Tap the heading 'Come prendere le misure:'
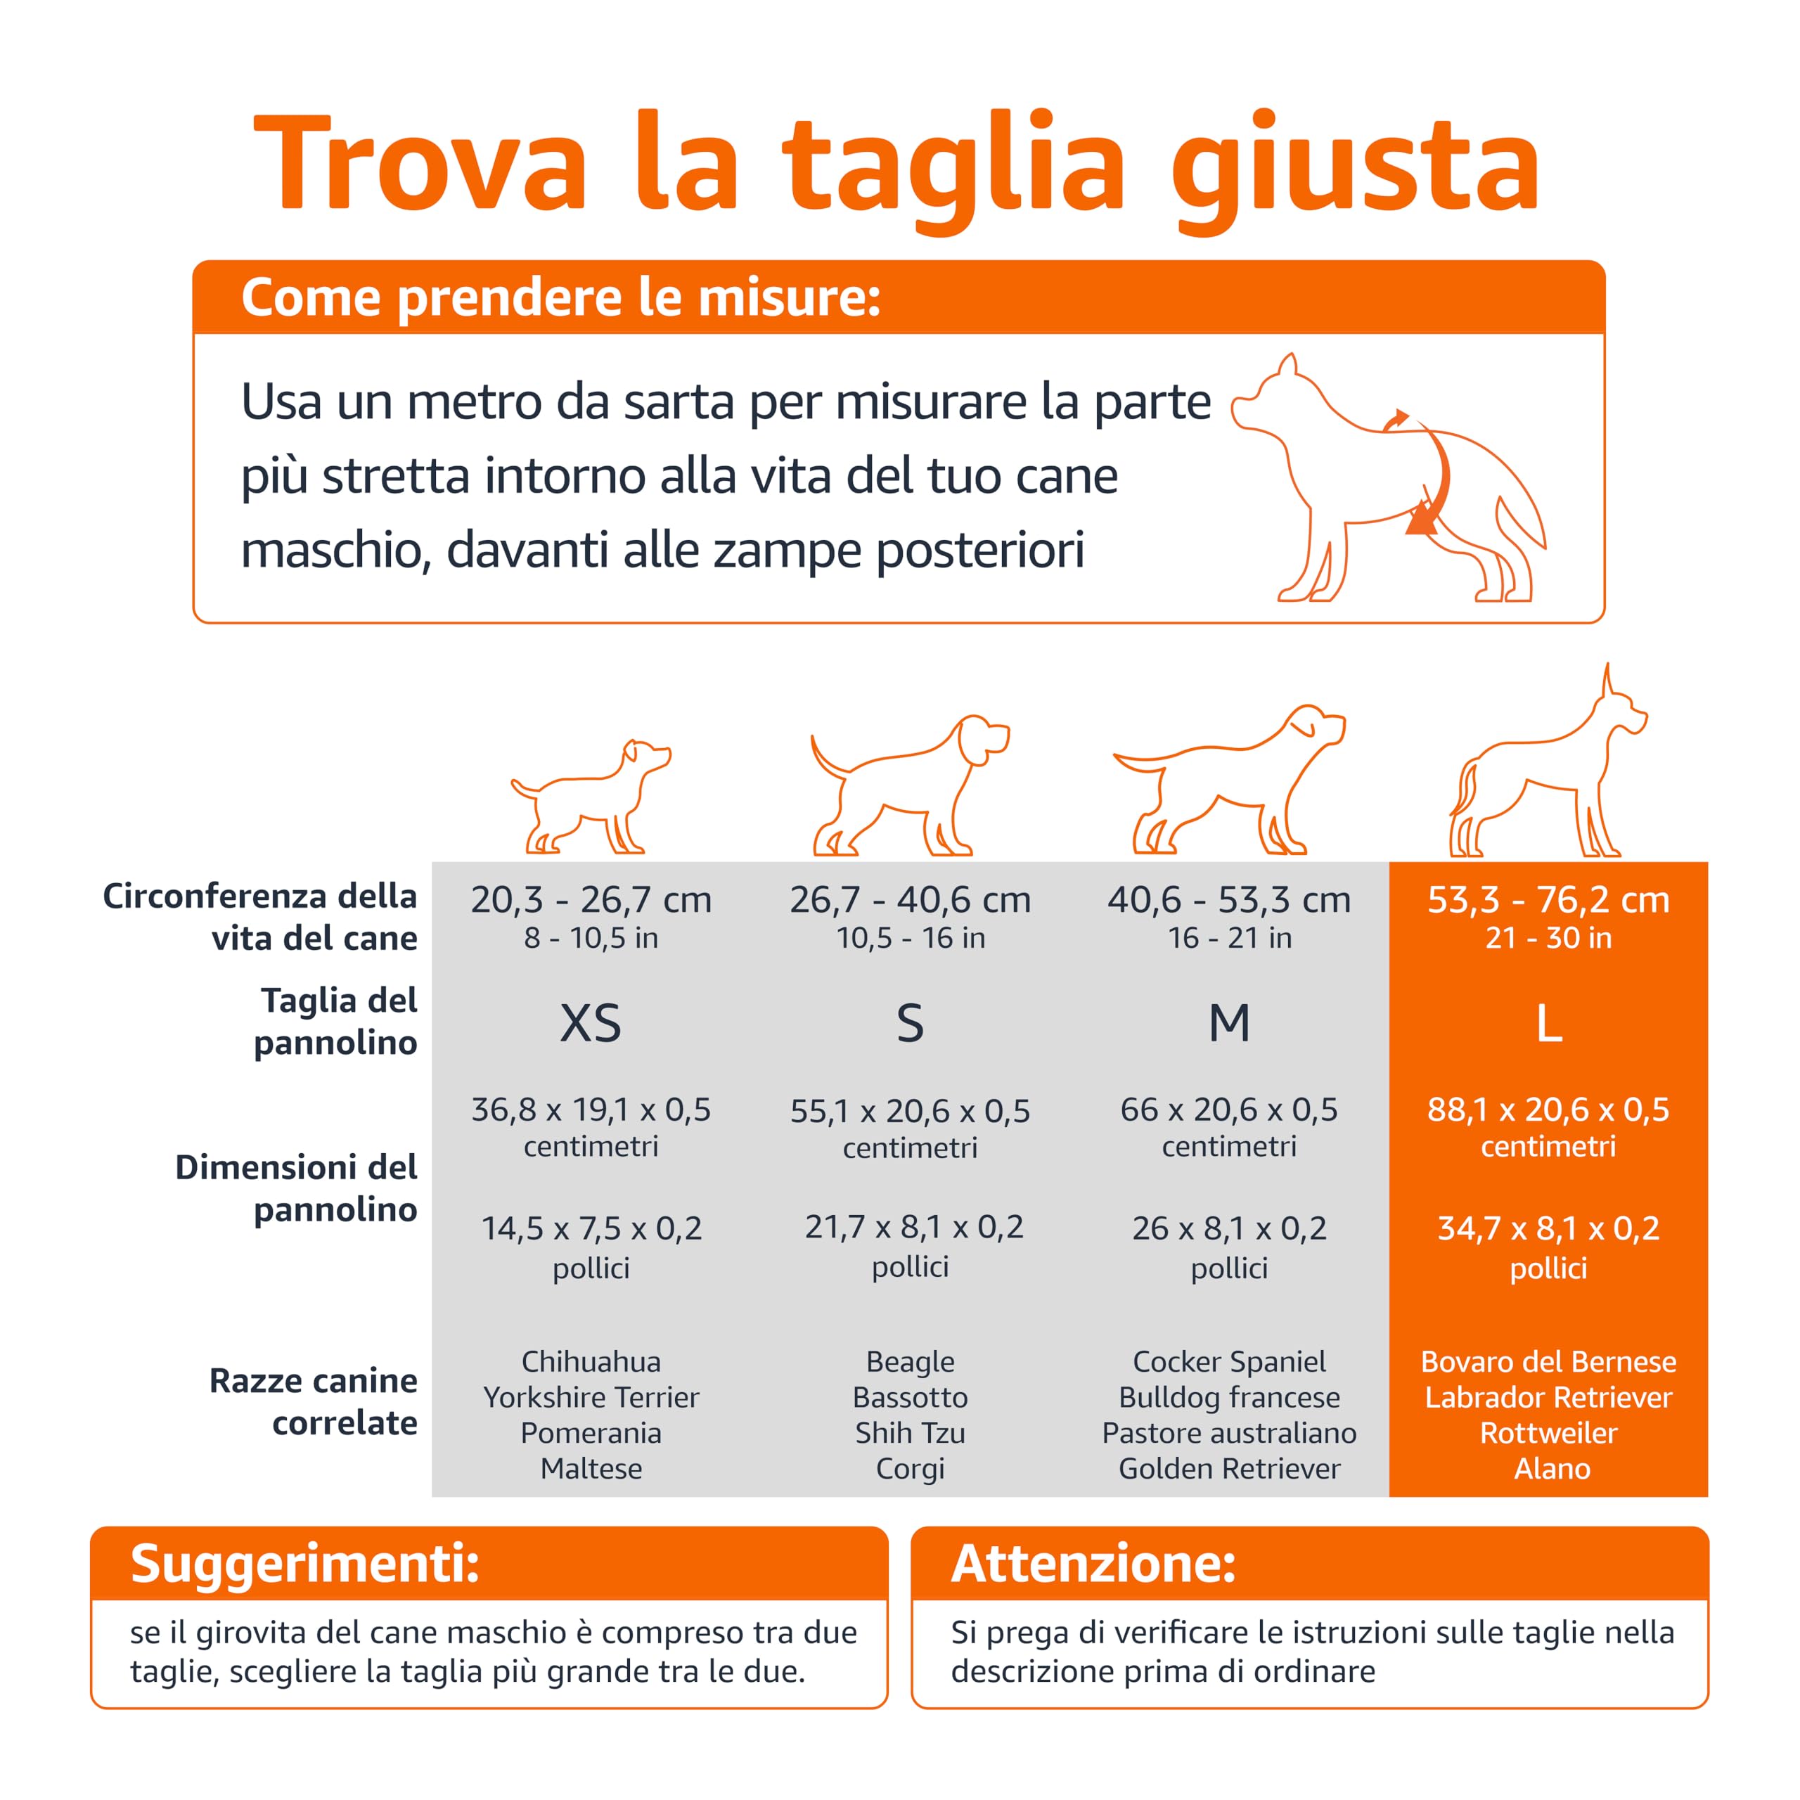561,298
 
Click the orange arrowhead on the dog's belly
1421,518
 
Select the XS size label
590,1023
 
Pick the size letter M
1229,1023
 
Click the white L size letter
1548,1023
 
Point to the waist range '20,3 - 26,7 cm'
591,899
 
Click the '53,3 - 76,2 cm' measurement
1548,899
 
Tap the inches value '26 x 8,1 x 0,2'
1229,1228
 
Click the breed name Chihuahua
591,1361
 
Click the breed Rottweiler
1548,1432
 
